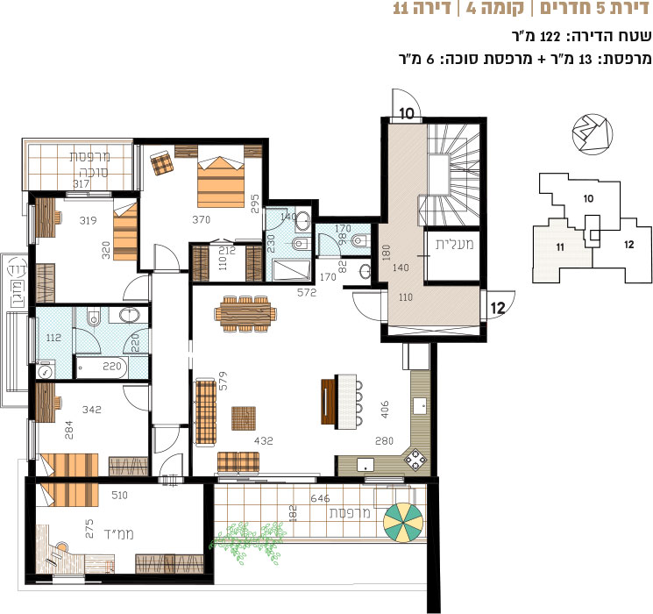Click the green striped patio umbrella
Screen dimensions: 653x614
click(403, 523)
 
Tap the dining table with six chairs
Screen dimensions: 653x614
click(245, 313)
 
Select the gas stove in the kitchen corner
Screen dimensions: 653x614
click(415, 460)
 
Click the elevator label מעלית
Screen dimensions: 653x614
click(454, 244)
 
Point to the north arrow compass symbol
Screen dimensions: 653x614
click(593, 132)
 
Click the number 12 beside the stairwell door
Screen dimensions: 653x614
click(498, 308)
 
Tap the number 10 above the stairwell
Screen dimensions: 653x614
click(407, 113)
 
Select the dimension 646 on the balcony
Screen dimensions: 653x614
click(320, 498)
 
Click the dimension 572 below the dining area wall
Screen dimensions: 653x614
click(307, 293)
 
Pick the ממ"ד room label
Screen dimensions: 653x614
click(118, 534)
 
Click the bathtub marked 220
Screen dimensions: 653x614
click(102, 368)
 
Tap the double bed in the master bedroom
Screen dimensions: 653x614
click(221, 182)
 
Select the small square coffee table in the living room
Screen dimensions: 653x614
click(244, 418)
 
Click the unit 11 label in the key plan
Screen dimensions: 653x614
click(560, 247)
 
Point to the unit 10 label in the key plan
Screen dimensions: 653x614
click(588, 198)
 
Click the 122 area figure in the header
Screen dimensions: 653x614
click(550, 36)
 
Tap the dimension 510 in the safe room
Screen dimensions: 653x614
click(119, 495)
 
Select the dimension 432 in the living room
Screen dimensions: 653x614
click(264, 440)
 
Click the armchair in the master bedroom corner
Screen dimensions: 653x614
click(162, 164)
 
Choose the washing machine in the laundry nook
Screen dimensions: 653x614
click(44, 370)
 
